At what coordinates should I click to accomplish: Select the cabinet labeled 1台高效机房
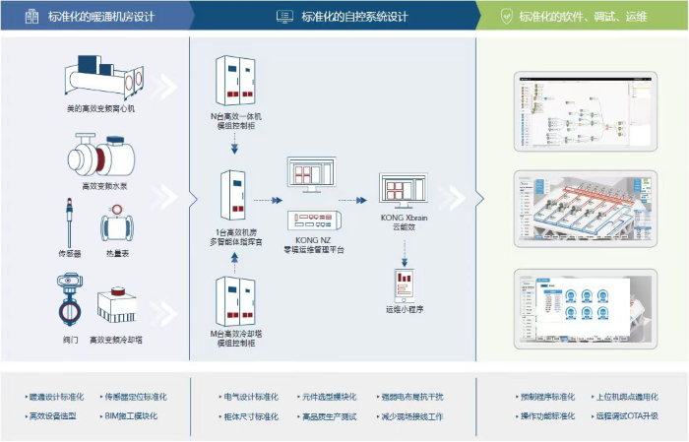pyautogui.click(x=234, y=196)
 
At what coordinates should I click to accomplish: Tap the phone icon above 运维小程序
pyautogui.click(x=404, y=284)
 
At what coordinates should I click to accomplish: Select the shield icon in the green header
pyautogui.click(x=506, y=16)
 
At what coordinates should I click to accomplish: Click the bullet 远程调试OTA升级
pyautogui.click(x=626, y=416)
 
